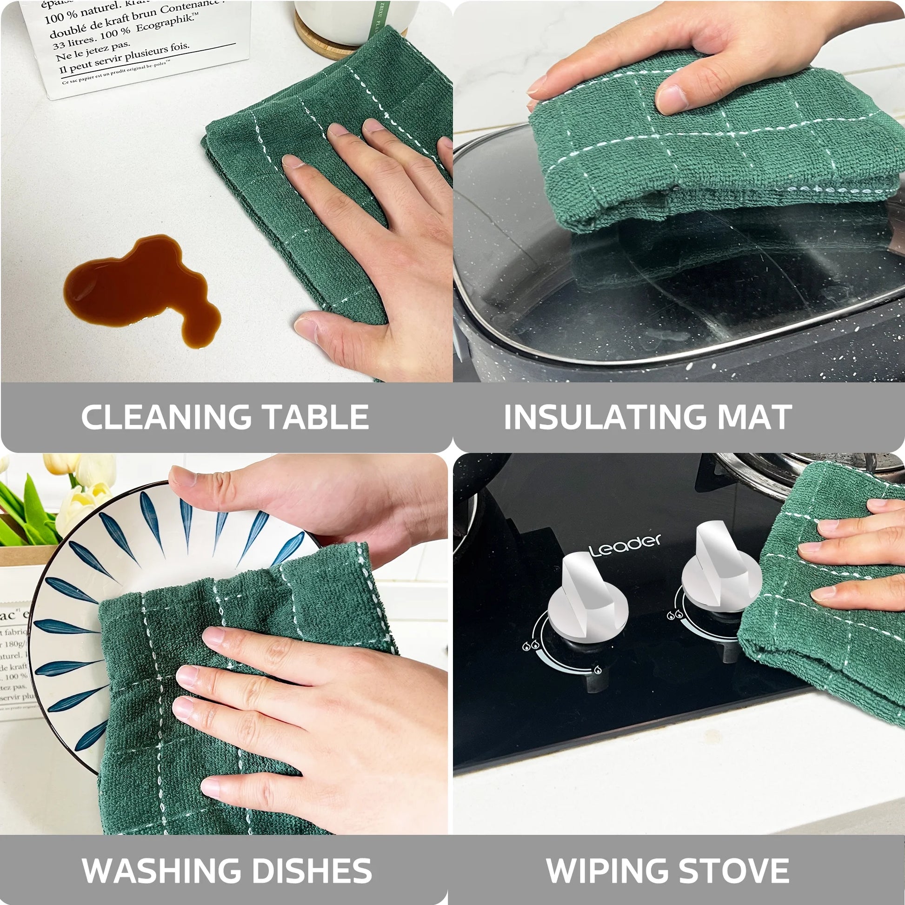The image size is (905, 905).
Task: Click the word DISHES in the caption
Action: tap(307, 870)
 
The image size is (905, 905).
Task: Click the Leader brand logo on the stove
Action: tap(626, 545)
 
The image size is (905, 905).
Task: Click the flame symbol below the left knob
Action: tap(598, 670)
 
